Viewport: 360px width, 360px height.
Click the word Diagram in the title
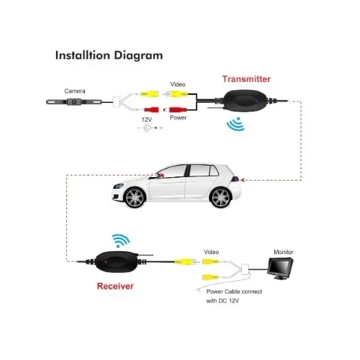(x=138, y=55)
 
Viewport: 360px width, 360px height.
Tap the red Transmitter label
(x=246, y=79)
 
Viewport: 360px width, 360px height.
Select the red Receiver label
(x=115, y=286)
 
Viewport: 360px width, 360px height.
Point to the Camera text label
(x=75, y=91)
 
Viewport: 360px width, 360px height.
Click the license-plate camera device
(x=74, y=102)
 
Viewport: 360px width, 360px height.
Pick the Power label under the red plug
(x=178, y=117)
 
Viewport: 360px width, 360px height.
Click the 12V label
(x=147, y=120)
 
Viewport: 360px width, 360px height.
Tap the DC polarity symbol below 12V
(x=150, y=128)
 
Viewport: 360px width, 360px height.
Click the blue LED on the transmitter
(x=256, y=101)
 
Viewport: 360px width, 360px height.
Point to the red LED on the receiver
(x=106, y=261)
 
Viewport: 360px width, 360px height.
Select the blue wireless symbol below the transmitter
(x=236, y=124)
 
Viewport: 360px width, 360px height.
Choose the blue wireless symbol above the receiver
(x=121, y=240)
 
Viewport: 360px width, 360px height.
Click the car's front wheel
(x=135, y=197)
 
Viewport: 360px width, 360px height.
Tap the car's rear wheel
(x=220, y=197)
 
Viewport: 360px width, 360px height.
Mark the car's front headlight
(x=118, y=186)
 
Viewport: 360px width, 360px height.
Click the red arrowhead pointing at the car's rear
(x=243, y=180)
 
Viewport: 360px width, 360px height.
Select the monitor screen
(x=280, y=266)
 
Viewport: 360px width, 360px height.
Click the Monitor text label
(x=284, y=252)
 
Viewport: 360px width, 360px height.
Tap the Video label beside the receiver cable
(x=211, y=252)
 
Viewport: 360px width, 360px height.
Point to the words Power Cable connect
(x=234, y=292)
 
